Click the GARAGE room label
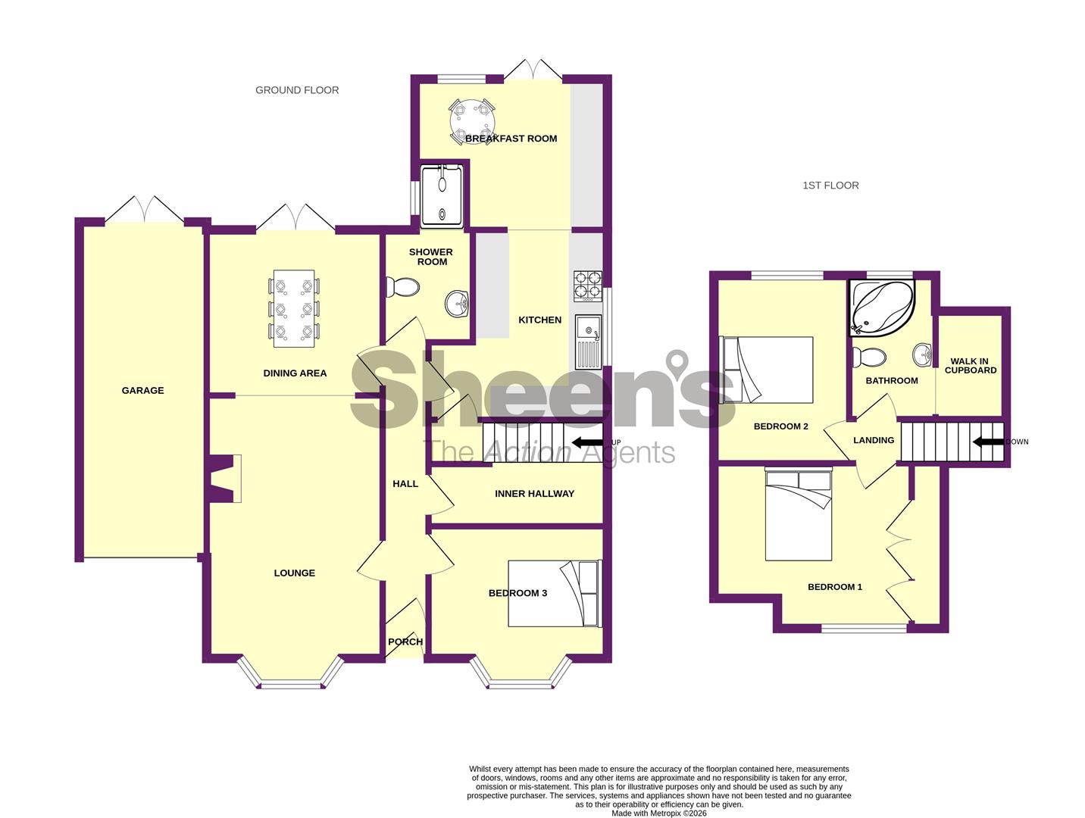(x=142, y=391)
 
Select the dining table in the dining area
(x=293, y=308)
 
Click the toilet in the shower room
(x=403, y=288)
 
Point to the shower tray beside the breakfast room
(x=442, y=195)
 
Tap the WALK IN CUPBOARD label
(x=971, y=366)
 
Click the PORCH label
(x=405, y=642)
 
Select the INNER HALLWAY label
(x=534, y=494)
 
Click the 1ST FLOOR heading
(x=830, y=186)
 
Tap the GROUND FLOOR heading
(x=297, y=90)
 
